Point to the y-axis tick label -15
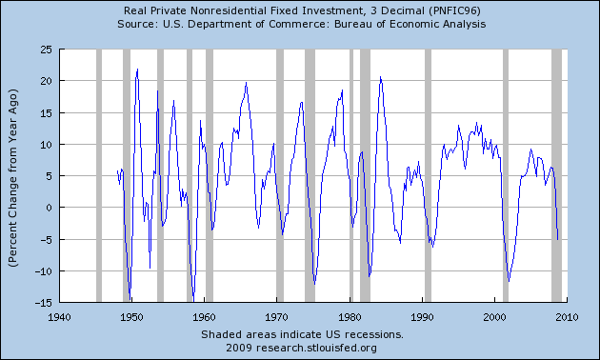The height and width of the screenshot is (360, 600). click(x=43, y=302)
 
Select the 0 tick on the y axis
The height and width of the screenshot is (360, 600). click(x=49, y=207)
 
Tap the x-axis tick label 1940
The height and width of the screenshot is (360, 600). click(x=59, y=315)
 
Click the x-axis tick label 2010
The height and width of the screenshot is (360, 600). click(x=568, y=315)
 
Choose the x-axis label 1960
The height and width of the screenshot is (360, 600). click(x=204, y=315)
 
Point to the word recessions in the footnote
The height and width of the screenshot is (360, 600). click(x=374, y=334)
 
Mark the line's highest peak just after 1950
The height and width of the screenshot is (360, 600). click(x=137, y=69)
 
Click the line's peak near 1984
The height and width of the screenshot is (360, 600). click(x=380, y=77)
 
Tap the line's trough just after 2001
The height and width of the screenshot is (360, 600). click(x=509, y=281)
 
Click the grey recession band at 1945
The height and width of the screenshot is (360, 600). click(x=99, y=175)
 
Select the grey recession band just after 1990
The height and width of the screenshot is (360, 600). click(x=428, y=175)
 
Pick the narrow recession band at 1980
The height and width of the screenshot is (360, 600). click(x=351, y=175)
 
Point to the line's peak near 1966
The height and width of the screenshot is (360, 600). click(x=247, y=83)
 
